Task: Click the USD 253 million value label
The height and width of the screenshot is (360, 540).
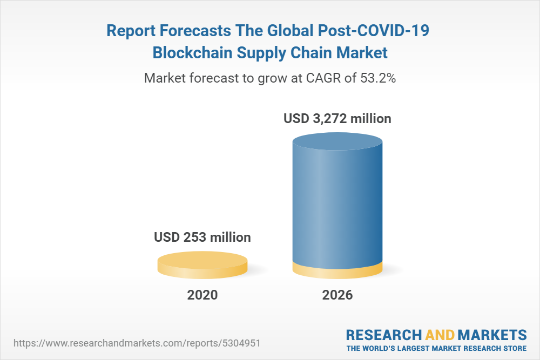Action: tap(202, 237)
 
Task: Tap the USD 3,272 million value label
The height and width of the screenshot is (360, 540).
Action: tap(337, 118)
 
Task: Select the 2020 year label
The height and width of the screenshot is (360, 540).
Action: tap(202, 295)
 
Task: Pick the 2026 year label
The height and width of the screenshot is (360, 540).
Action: tap(337, 295)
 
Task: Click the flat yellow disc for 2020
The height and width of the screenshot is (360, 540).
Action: tap(202, 264)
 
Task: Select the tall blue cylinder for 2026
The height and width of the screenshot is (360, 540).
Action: tap(337, 205)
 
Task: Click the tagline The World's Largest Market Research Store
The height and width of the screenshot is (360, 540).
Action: tap(436, 348)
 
